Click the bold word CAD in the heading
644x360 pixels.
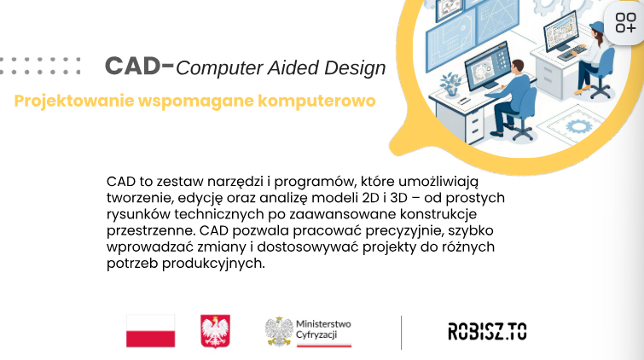pyautogui.click(x=132, y=66)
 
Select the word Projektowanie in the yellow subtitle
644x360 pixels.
pyautogui.click(x=74, y=102)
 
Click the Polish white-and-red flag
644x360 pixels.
pyautogui.click(x=151, y=331)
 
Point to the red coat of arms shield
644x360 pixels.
pyautogui.click(x=215, y=331)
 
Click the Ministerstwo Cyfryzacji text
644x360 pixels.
pyautogui.click(x=323, y=329)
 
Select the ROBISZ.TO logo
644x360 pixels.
pyautogui.click(x=487, y=331)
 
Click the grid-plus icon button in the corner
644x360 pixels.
pyautogui.click(x=625, y=22)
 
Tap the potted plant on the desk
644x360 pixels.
pyautogui.click(x=450, y=84)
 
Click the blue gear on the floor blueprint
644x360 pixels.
pyautogui.click(x=579, y=125)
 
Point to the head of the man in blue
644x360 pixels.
pyautogui.click(x=517, y=67)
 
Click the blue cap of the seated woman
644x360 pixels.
pyautogui.click(x=597, y=26)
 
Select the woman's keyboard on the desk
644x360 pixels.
pyautogui.click(x=572, y=53)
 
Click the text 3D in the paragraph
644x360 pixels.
pyautogui.click(x=398, y=198)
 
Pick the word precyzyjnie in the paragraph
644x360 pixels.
pyautogui.click(x=404, y=231)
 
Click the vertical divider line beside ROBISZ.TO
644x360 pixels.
pyautogui.click(x=401, y=333)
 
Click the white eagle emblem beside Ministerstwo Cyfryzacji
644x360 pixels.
pyautogui.click(x=279, y=331)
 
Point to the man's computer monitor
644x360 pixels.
pyautogui.click(x=489, y=65)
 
